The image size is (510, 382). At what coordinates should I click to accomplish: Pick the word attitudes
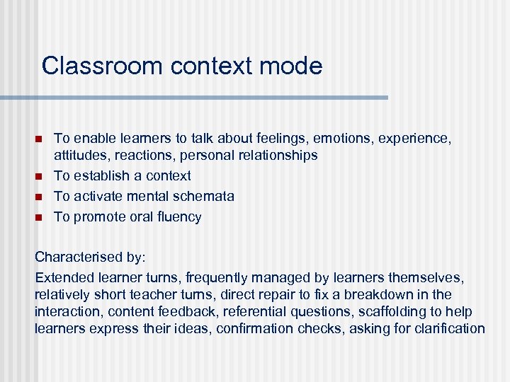click(x=79, y=155)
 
